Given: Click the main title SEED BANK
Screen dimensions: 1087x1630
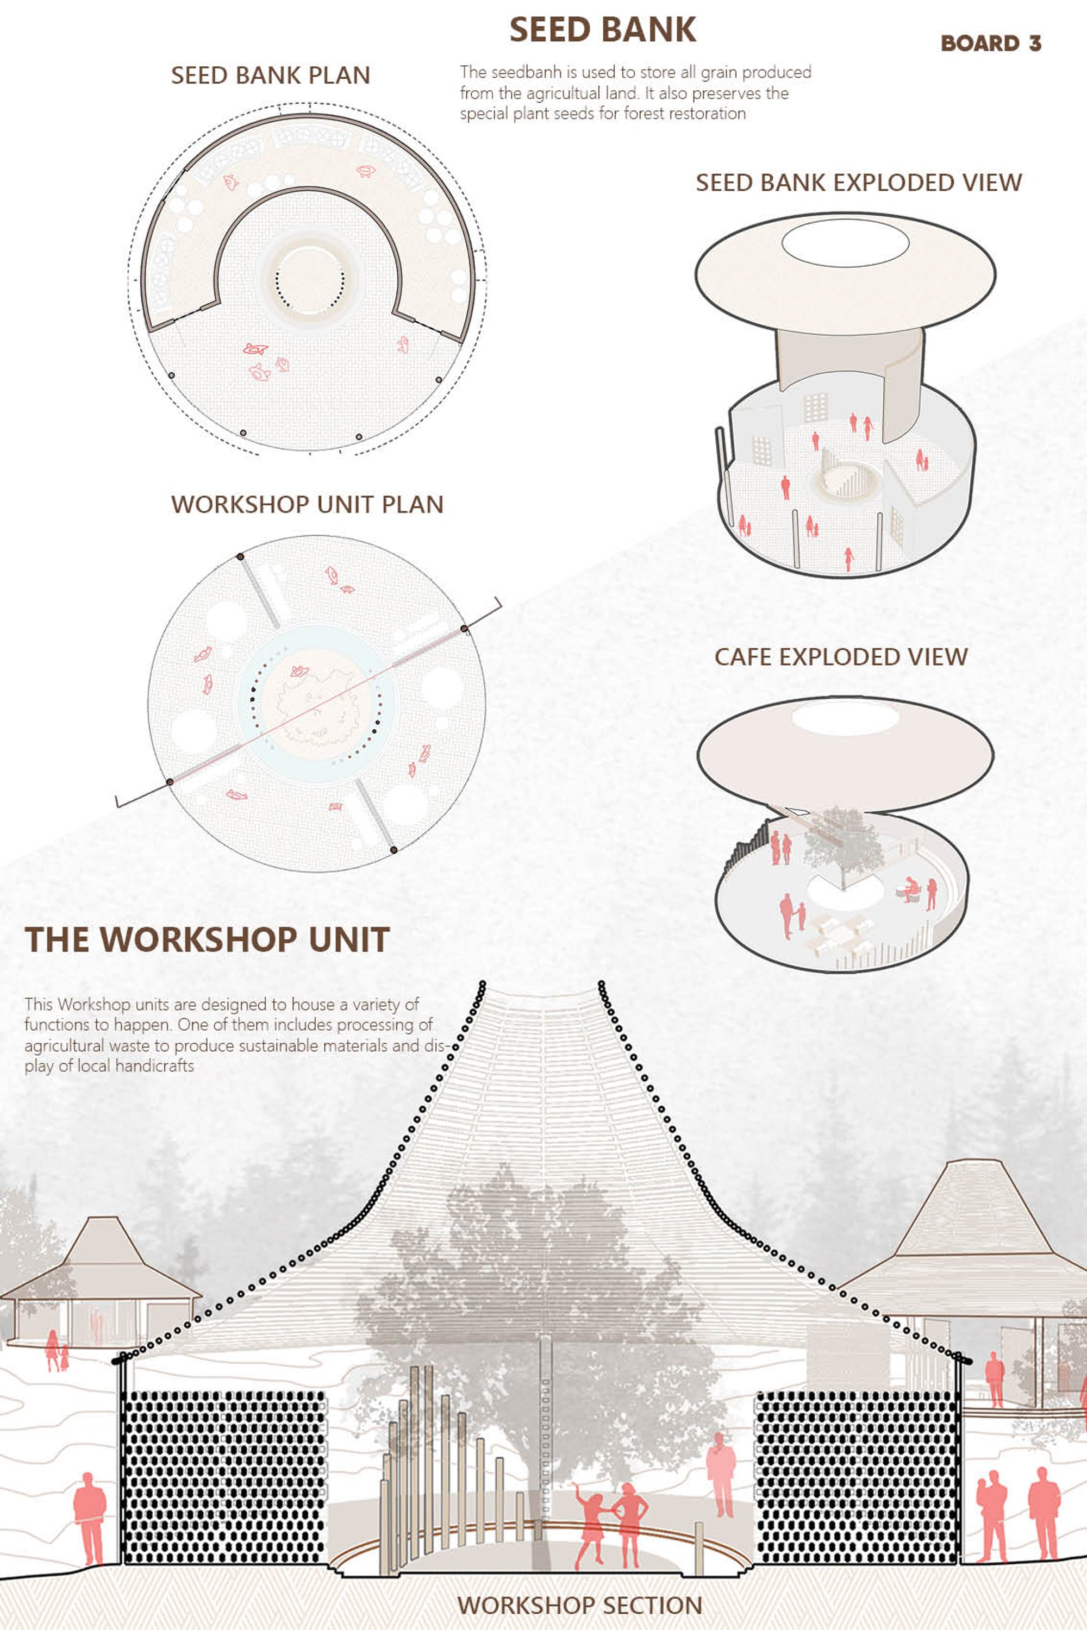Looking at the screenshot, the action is tap(602, 30).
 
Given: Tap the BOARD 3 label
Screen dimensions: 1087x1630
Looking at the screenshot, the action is tap(991, 43).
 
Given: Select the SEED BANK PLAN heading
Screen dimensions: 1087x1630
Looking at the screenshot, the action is tap(270, 76).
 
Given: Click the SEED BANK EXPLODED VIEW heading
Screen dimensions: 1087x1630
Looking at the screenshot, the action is tap(859, 183).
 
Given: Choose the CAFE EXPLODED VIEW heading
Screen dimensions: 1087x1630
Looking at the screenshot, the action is tap(841, 657).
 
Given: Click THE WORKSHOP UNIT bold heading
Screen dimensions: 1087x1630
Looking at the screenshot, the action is tap(207, 940).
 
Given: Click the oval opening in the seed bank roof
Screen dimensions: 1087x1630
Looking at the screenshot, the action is tap(845, 242).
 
